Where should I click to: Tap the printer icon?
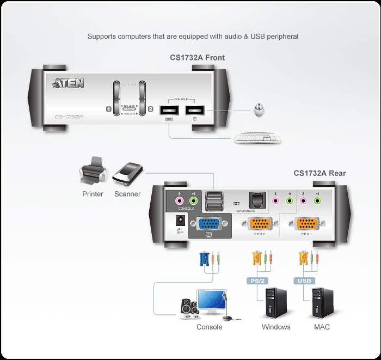(93, 172)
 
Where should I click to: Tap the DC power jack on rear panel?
(177, 221)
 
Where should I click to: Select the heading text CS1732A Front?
(197, 58)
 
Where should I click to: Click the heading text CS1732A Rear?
(319, 174)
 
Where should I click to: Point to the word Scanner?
(127, 194)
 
